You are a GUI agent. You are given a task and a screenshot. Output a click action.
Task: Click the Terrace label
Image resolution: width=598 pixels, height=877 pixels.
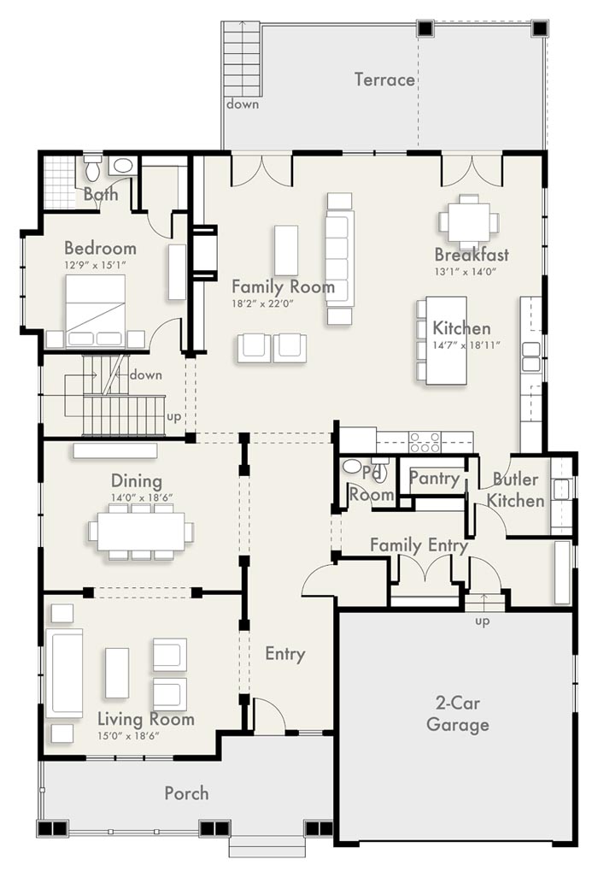click(x=384, y=79)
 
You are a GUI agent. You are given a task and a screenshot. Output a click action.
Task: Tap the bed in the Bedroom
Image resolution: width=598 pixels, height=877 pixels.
click(x=95, y=311)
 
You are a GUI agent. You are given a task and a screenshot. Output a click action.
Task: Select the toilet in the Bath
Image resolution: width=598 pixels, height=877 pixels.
click(x=93, y=168)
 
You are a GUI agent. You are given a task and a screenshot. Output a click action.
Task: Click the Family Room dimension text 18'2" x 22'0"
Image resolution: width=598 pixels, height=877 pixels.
click(x=262, y=303)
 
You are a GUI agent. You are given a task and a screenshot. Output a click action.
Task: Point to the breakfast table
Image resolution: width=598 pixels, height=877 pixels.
click(x=469, y=221)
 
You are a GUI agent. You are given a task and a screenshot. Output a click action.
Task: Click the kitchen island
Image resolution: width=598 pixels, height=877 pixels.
click(x=447, y=340)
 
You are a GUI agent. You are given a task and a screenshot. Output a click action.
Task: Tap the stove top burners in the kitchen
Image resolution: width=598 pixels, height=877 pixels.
click(x=425, y=442)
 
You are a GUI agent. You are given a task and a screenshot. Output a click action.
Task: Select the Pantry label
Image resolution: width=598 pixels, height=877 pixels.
click(x=434, y=478)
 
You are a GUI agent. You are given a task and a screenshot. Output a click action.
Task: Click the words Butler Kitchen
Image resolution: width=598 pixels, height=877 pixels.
click(x=515, y=490)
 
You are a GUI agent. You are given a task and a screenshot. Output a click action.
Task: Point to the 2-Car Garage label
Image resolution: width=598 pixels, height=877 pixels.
click(x=457, y=714)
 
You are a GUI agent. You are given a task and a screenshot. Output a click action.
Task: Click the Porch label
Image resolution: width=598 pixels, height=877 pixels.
click(x=187, y=793)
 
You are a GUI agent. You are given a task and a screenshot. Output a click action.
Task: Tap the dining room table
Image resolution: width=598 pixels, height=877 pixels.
click(x=141, y=532)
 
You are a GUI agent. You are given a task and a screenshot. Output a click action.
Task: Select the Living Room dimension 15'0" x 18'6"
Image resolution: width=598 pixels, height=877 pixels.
click(x=128, y=736)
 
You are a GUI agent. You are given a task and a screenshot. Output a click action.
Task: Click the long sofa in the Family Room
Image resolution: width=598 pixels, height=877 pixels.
click(x=340, y=259)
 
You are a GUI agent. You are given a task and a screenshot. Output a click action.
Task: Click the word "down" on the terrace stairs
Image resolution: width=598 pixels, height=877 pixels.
click(x=243, y=104)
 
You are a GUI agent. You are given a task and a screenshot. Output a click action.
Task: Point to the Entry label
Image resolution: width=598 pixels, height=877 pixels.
click(x=285, y=654)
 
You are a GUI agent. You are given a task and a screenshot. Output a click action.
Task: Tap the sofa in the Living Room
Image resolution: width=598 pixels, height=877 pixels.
click(x=64, y=673)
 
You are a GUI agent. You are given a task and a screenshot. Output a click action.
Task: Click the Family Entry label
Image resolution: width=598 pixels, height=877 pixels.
click(x=419, y=544)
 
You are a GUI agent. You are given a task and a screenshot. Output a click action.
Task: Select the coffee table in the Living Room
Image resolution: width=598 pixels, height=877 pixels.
click(x=116, y=673)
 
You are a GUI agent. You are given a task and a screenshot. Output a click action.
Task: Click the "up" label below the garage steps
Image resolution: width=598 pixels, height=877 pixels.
click(x=482, y=621)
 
